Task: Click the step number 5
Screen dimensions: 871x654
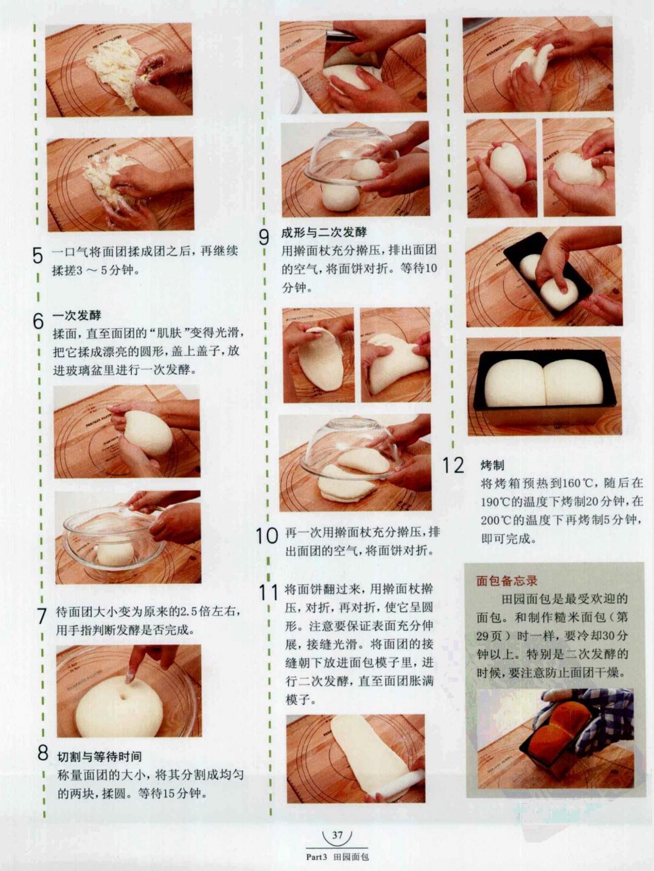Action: [x=38, y=256]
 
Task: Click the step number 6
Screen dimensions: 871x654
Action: [x=38, y=321]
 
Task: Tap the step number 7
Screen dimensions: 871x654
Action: [x=41, y=616]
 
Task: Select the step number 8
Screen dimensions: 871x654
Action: [x=42, y=753]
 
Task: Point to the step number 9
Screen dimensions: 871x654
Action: [x=264, y=237]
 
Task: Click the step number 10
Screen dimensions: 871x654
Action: [x=266, y=535]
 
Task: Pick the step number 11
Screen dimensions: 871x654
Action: [x=268, y=592]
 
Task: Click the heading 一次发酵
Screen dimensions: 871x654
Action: [x=77, y=316]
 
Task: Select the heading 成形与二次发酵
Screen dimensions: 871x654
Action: [x=324, y=232]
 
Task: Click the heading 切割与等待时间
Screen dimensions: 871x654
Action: [x=100, y=757]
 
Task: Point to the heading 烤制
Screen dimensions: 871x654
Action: [x=492, y=465]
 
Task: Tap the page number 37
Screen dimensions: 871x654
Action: [x=337, y=835]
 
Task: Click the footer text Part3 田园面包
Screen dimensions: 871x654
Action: [x=337, y=856]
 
